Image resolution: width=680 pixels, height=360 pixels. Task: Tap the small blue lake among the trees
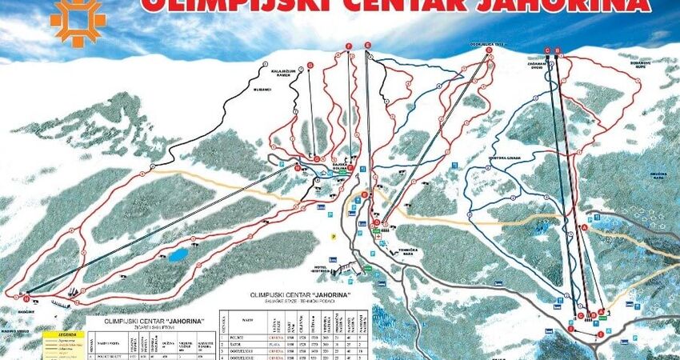point(177,256)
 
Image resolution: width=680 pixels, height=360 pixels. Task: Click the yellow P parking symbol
point(334,237)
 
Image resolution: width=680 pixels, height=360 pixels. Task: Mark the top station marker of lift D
point(488,50)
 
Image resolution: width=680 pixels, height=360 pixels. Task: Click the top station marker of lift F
point(349,45)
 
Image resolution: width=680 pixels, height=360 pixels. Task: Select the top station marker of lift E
point(366,44)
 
